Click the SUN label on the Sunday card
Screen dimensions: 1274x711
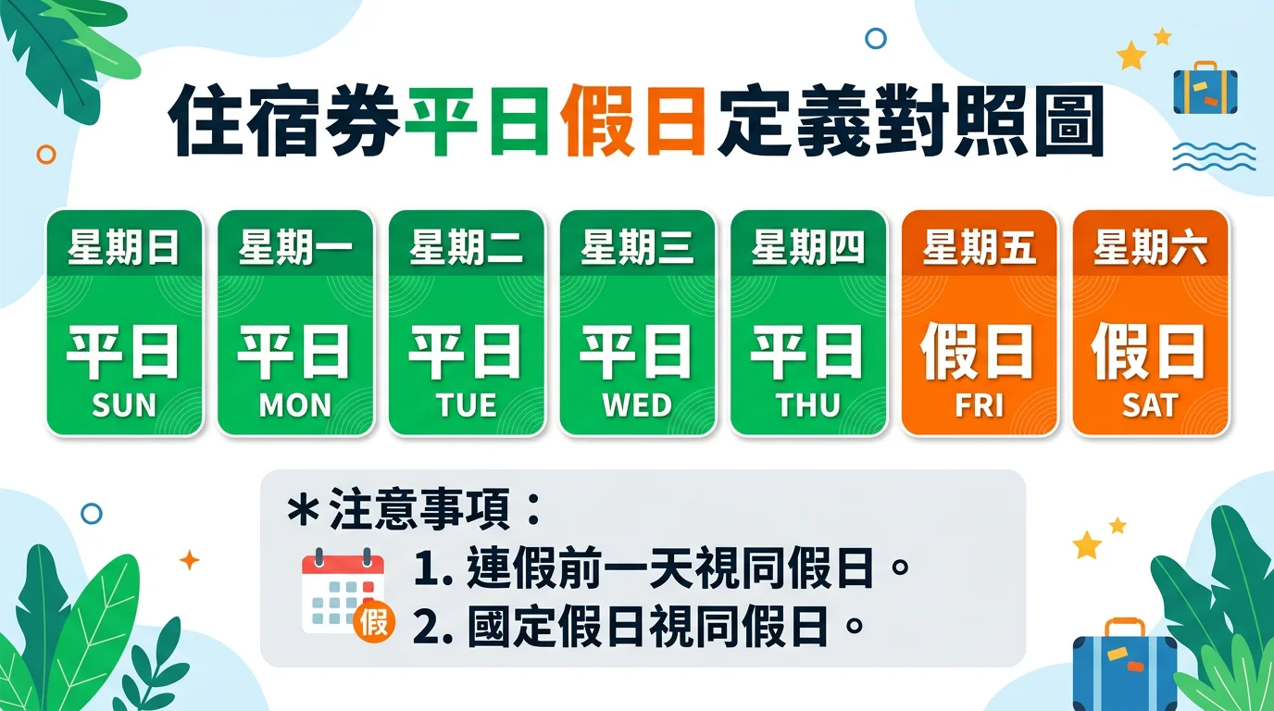point(124,405)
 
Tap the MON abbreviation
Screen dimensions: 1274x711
point(295,405)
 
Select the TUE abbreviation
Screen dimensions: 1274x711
point(467,405)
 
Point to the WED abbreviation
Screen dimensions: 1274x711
point(637,405)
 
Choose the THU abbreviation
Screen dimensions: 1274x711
point(808,405)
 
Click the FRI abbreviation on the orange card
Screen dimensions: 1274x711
point(979,405)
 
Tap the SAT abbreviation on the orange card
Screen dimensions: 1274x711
point(1149,405)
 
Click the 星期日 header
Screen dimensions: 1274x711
point(124,247)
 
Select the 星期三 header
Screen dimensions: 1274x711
point(637,247)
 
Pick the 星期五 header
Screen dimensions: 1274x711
point(979,247)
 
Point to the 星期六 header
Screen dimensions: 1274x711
point(1149,247)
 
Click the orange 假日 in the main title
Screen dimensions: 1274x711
point(633,120)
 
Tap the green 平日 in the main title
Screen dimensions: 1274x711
point(477,120)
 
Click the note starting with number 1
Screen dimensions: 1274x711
point(661,568)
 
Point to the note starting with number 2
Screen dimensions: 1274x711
point(638,626)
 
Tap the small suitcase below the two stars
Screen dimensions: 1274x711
point(1205,88)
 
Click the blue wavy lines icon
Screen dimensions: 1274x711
point(1215,156)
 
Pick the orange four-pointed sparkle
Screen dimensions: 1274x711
point(190,560)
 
